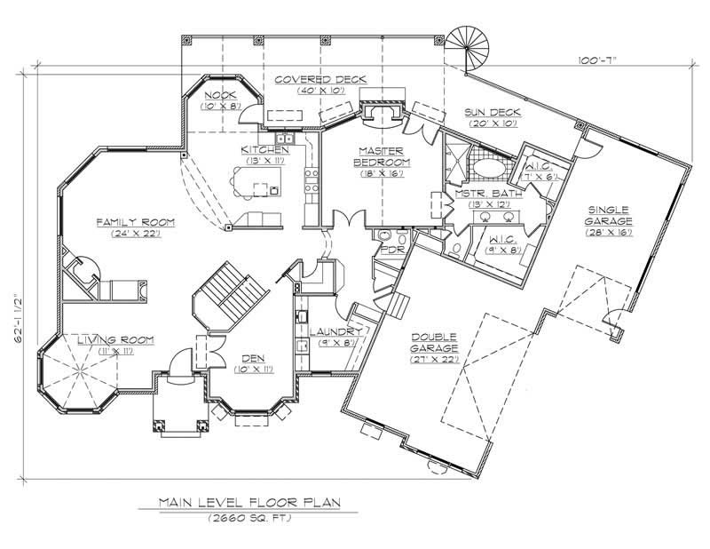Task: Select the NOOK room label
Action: point(220,94)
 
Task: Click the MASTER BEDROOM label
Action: point(382,157)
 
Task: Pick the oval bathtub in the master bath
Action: point(487,167)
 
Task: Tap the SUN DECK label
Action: point(493,113)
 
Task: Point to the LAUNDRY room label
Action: point(335,331)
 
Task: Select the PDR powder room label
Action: point(391,251)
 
